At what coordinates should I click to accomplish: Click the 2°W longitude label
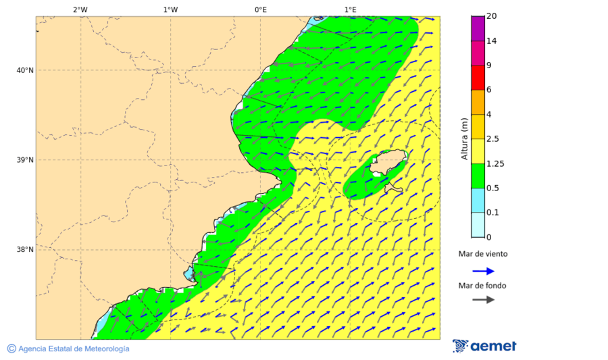[x=80, y=9]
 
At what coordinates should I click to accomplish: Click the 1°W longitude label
[x=170, y=9]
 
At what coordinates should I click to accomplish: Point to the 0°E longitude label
[x=260, y=9]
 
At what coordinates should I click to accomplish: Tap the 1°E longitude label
[x=351, y=9]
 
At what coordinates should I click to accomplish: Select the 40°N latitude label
[x=24, y=70]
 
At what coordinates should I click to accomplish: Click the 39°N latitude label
[x=24, y=160]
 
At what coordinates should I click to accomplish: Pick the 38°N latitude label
[x=24, y=250]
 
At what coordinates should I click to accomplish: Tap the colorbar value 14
[x=492, y=41]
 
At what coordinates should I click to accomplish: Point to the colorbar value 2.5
[x=493, y=139]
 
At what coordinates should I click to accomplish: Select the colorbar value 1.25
[x=496, y=163]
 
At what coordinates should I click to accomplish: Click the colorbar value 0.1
[x=493, y=213]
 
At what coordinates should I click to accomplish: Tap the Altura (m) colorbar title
[x=464, y=138]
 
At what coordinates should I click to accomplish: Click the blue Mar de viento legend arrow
[x=483, y=271]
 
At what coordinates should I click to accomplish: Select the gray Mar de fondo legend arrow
[x=483, y=300]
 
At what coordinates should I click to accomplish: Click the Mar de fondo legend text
[x=482, y=286]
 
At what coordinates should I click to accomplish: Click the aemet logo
[x=484, y=346]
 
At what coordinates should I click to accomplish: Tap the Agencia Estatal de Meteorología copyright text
[x=68, y=349]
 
